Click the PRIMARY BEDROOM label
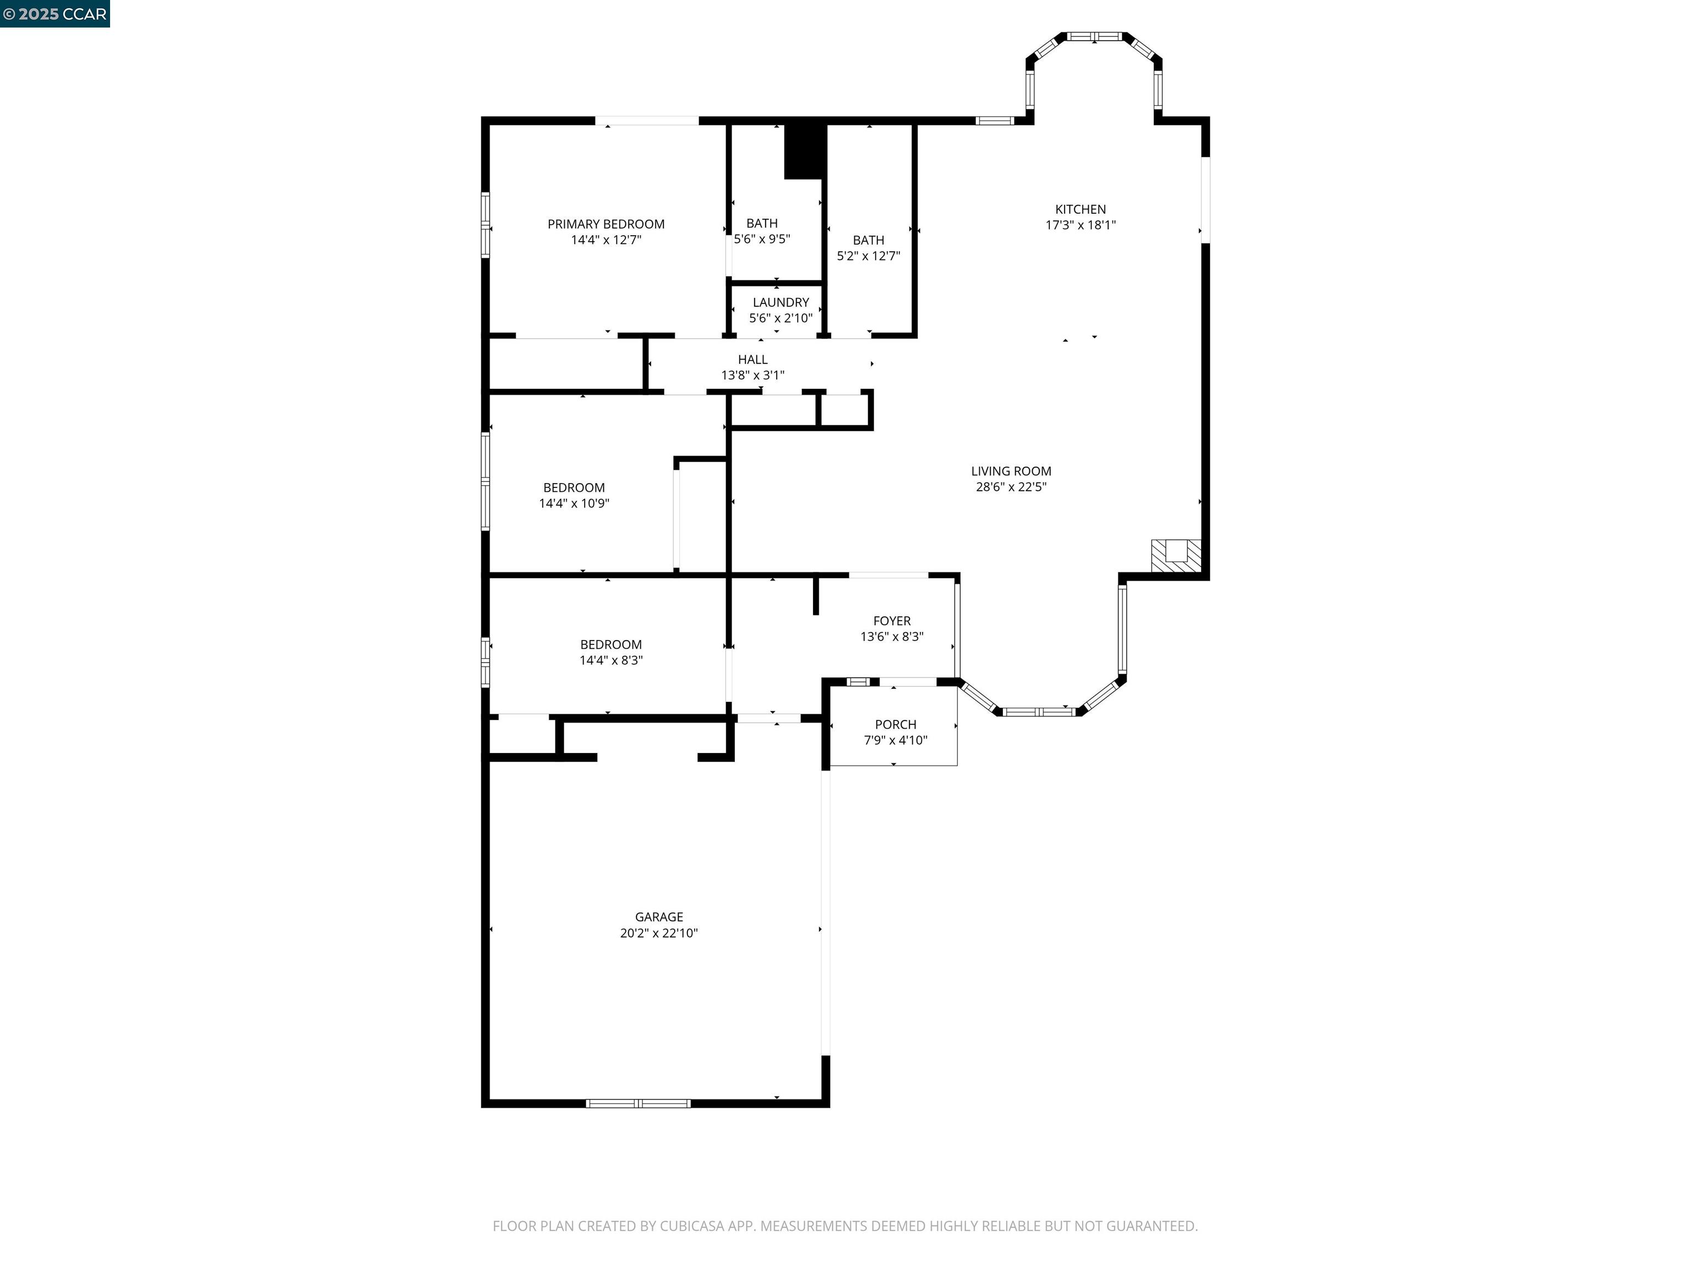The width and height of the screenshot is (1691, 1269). coord(606,224)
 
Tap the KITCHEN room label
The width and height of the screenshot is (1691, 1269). coord(1079,209)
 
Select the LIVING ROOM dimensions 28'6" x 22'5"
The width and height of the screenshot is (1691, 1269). coord(1011,486)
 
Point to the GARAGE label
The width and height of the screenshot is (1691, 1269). coord(658,916)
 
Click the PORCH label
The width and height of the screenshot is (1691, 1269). coord(895,724)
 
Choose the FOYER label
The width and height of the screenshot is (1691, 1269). coord(891,620)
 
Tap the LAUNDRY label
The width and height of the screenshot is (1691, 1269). coord(780,302)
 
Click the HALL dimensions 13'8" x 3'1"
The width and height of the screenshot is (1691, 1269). coord(752,375)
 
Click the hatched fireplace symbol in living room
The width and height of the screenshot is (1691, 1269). coord(1176,555)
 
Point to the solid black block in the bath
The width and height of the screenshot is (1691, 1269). coord(805,151)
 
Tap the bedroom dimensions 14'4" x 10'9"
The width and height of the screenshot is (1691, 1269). coord(574,502)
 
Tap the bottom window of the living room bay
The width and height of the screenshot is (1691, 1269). coord(1038,712)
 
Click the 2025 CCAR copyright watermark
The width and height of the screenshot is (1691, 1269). coord(54,14)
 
